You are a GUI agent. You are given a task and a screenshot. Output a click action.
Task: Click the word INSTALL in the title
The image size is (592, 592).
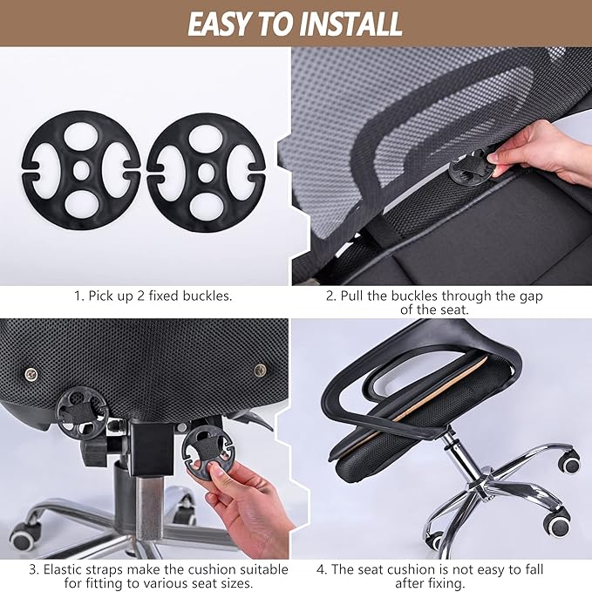[x=352, y=24]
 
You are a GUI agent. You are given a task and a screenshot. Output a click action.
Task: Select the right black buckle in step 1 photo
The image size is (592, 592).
[x=206, y=167]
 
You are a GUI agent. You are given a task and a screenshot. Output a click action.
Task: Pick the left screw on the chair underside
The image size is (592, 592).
[x=31, y=374]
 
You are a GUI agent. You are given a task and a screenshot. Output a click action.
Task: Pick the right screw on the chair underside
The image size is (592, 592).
[x=260, y=371]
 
